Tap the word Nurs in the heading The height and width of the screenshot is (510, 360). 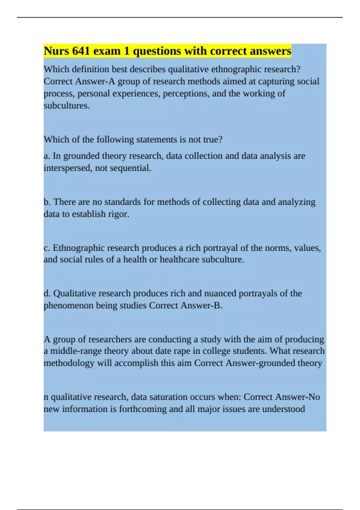coord(56,51)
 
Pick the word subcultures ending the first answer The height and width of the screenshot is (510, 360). coord(66,106)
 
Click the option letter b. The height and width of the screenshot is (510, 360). coord(47,202)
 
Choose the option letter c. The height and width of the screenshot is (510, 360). coord(46,248)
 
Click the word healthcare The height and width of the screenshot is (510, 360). coord(179,259)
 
